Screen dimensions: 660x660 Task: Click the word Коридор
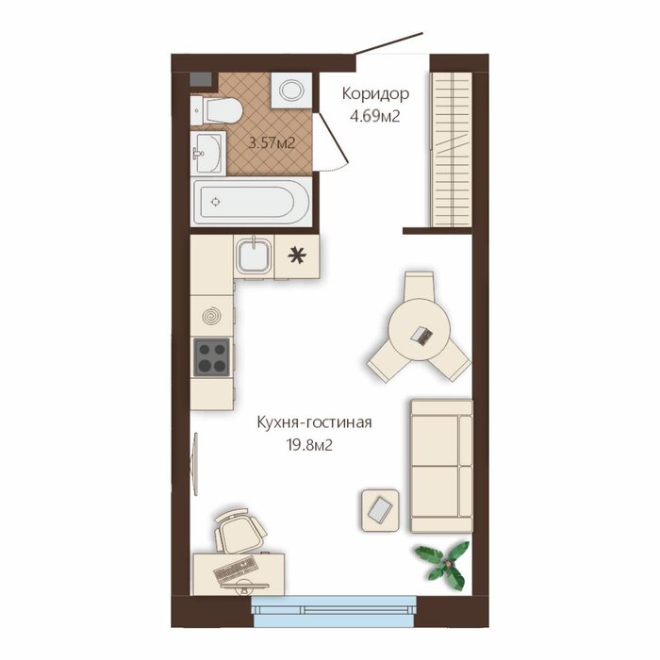tap(375, 94)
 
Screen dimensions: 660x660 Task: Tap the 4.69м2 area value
tap(374, 116)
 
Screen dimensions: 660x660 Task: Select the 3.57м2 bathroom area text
tap(272, 143)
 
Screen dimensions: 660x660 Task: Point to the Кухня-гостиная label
tap(314, 422)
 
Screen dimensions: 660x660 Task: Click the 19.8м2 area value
tap(309, 444)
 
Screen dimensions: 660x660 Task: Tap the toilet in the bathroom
tap(216, 111)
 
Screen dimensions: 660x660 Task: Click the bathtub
tap(252, 202)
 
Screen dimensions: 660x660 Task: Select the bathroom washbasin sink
tap(208, 153)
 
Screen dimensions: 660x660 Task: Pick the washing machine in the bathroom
tap(291, 91)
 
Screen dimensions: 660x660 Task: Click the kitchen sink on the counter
tap(253, 256)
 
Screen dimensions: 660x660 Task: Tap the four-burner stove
tap(212, 357)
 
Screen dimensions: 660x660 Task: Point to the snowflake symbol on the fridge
tap(297, 256)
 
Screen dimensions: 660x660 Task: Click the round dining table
tap(420, 329)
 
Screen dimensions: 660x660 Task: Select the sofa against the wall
tap(441, 466)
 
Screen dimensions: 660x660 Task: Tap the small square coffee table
tap(380, 510)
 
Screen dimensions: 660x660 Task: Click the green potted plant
tap(443, 564)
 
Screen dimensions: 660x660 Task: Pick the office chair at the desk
tap(239, 531)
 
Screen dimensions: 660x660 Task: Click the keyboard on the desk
tap(235, 569)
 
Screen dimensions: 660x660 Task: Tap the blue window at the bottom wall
tap(334, 611)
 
